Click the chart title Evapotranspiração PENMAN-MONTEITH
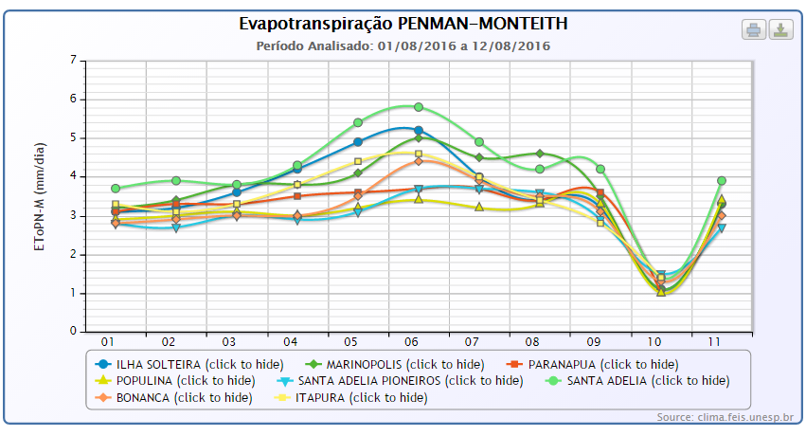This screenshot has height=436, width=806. click(403, 23)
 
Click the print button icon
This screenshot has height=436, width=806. click(754, 29)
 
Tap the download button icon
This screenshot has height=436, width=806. click(780, 29)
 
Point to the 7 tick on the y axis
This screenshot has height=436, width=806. click(72, 60)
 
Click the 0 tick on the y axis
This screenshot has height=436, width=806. click(72, 332)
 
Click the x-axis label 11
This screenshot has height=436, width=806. click(721, 341)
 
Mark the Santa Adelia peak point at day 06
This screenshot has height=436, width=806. click(419, 107)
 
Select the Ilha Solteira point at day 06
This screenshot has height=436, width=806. click(419, 130)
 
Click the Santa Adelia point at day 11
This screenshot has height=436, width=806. click(722, 180)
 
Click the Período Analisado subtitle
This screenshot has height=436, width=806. click(403, 45)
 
